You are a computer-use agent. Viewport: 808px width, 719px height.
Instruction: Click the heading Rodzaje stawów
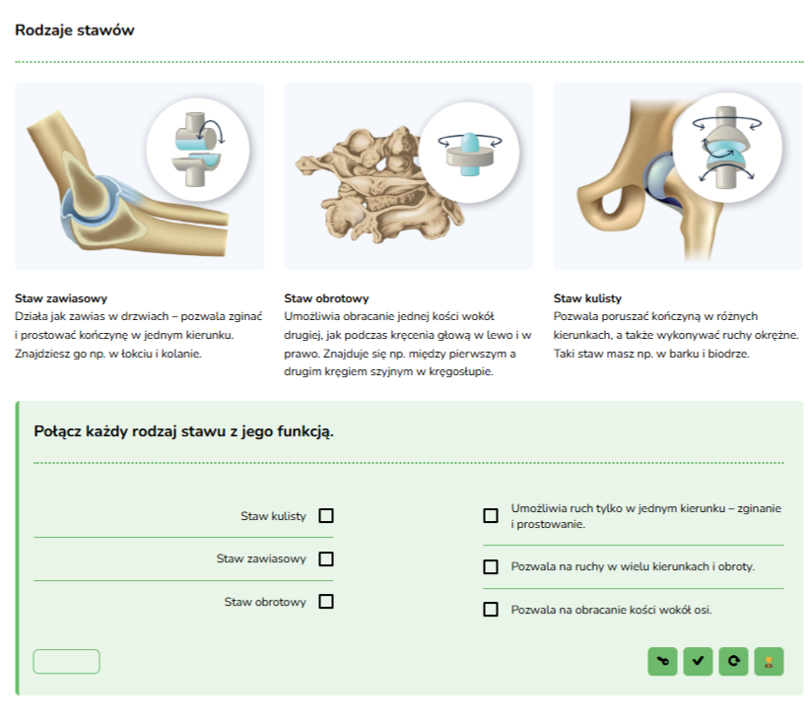(x=75, y=30)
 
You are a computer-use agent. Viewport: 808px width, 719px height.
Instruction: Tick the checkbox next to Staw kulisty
(x=326, y=515)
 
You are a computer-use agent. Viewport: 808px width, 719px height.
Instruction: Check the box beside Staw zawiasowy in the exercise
(x=326, y=558)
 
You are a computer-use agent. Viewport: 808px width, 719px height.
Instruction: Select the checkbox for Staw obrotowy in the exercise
(x=326, y=602)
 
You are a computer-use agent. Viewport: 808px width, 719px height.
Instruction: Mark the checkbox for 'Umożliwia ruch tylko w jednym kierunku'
(x=491, y=515)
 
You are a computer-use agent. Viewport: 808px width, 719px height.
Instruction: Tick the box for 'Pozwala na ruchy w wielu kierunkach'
(x=491, y=567)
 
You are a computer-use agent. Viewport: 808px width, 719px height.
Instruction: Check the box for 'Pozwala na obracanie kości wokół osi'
(x=491, y=610)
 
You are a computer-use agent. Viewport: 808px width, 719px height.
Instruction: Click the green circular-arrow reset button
(x=733, y=661)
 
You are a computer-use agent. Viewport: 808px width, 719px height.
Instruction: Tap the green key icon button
(x=663, y=661)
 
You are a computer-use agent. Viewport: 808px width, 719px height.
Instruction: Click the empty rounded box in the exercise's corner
(x=66, y=661)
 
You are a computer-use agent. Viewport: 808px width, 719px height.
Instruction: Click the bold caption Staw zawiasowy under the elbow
(x=61, y=298)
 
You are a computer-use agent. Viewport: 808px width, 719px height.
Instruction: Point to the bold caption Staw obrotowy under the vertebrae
(x=326, y=298)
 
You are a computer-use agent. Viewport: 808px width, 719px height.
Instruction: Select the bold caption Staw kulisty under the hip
(x=587, y=298)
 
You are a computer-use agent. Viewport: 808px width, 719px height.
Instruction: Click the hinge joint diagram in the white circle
(x=197, y=150)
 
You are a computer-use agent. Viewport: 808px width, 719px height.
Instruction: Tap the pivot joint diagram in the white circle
(x=469, y=153)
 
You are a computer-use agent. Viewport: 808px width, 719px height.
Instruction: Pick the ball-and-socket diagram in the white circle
(x=727, y=148)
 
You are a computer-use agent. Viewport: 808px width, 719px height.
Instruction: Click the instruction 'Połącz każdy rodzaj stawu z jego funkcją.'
(x=183, y=431)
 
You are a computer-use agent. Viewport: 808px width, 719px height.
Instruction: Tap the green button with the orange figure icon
(x=769, y=661)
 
